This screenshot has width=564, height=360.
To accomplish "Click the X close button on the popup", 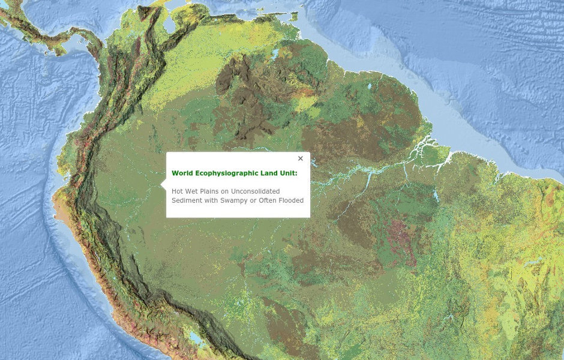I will pyautogui.click(x=301, y=159).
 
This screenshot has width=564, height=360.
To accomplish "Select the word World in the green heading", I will pyautogui.click(x=181, y=173).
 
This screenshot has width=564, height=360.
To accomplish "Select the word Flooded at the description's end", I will pyautogui.click(x=291, y=200).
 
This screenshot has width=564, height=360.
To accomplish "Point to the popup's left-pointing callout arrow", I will pyautogui.click(x=164, y=187).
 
